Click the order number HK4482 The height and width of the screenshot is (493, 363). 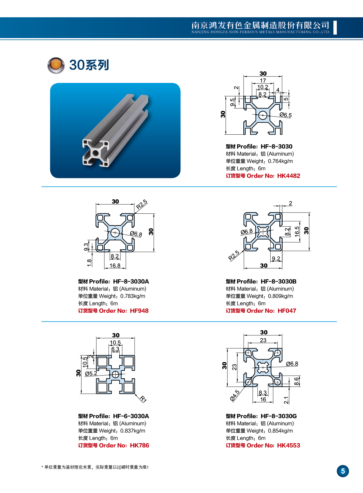pos(288,176)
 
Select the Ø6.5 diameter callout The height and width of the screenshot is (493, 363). pos(285,115)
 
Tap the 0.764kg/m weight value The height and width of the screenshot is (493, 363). pos(280,161)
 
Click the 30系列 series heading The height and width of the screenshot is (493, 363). pos(89,65)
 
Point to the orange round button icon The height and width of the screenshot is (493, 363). pos(56,65)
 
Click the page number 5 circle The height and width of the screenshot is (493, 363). pos(343,471)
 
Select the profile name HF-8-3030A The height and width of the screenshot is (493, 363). pos(131,282)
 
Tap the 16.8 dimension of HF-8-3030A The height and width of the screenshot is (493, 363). pos(115,266)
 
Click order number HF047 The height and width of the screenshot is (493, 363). pos(287,311)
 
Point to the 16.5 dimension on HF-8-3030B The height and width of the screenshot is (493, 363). pos(297,231)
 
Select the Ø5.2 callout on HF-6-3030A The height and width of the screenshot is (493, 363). pos(91,374)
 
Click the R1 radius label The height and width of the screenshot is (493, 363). pos(143,399)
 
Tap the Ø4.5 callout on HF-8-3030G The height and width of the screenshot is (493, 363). pos(235,395)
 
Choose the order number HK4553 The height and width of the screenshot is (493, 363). pos(288,446)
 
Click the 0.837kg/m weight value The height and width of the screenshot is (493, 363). pos(133,431)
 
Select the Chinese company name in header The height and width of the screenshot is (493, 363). pos(260,25)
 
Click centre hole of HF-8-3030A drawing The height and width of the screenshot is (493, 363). pos(115,233)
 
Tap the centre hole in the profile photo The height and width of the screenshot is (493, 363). pos(95,153)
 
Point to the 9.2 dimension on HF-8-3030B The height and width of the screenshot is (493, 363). pos(276,259)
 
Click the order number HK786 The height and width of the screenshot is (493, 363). pos(140,446)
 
